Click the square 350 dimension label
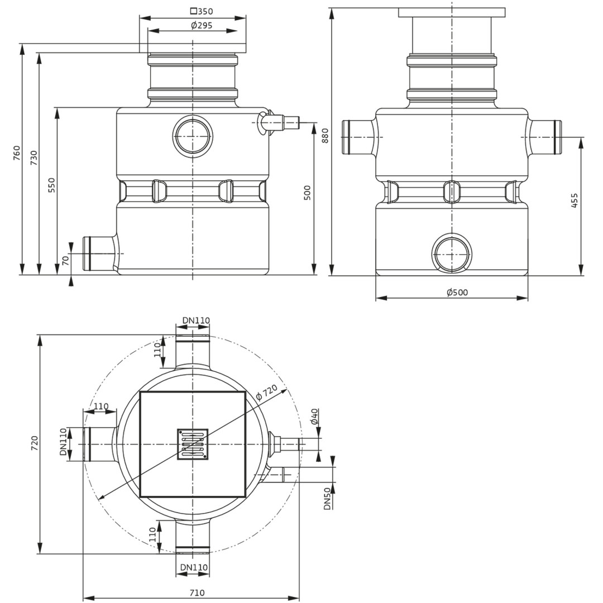202,11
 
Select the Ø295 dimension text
202,26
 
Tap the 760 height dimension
17,153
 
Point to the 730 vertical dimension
34,158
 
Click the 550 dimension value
51,185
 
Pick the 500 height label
307,193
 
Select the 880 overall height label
325,136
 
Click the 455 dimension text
574,200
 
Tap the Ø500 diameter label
457,292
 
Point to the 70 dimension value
66,260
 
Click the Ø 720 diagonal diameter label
266,393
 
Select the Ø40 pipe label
314,417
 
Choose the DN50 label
327,499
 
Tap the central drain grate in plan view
192,444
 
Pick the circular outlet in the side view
452,255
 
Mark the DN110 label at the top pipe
196,320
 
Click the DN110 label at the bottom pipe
194,567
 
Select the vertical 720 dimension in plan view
34,443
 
